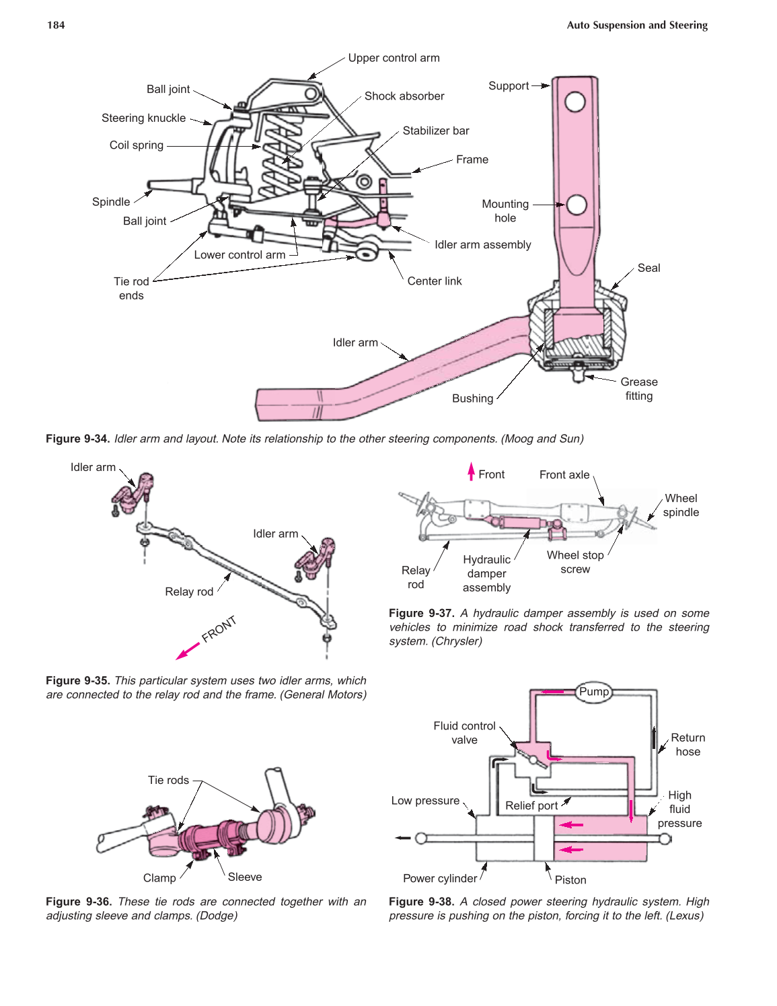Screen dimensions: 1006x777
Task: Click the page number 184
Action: [56, 26]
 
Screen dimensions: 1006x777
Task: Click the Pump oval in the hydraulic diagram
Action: [594, 692]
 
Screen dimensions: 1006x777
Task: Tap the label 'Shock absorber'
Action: [404, 96]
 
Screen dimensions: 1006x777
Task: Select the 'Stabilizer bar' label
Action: [436, 131]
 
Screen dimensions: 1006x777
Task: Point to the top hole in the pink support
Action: [575, 102]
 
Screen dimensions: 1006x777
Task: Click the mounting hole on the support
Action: [577, 205]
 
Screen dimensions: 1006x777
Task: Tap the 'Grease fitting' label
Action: [639, 389]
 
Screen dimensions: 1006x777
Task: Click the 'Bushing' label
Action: [472, 398]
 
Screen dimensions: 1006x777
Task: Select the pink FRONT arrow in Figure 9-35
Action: [188, 651]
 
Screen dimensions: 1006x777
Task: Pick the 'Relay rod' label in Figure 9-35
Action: [189, 591]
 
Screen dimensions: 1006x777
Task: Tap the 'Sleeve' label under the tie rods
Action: [245, 877]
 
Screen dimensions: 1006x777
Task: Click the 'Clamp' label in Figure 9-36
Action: [159, 878]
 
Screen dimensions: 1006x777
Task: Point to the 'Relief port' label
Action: [531, 805]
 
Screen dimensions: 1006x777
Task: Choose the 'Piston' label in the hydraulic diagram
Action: [570, 879]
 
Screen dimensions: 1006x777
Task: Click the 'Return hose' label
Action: [688, 745]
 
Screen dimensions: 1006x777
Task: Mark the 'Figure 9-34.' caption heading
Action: [77, 439]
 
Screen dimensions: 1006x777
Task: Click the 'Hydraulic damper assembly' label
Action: [486, 573]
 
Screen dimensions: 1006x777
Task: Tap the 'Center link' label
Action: [435, 281]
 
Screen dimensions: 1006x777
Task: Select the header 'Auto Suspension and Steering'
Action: [637, 26]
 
